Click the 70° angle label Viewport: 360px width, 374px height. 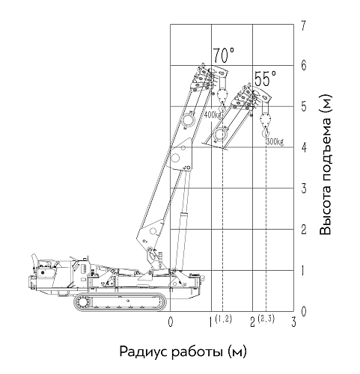tap(224, 55)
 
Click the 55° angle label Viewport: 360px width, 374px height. tap(266, 79)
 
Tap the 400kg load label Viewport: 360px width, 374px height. tap(213, 115)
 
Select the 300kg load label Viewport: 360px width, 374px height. tap(275, 142)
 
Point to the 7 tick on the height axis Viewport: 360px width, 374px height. tap(303, 25)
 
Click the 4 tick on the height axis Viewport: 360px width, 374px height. tap(303, 147)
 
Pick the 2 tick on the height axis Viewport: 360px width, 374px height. tap(303, 230)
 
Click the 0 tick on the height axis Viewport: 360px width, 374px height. tap(303, 311)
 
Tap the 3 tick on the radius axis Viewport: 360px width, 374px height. tap(293, 322)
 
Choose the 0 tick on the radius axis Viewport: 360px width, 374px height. tap(171, 322)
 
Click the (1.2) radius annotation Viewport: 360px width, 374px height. tap(224, 319)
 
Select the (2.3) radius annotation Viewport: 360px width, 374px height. tap(266, 319)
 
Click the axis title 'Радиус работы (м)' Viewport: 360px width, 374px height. tap(183, 352)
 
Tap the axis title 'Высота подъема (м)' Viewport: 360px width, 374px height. tap(326, 164)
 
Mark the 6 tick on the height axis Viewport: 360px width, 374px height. tap(303, 66)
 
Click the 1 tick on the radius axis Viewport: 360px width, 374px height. tap(211, 322)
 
